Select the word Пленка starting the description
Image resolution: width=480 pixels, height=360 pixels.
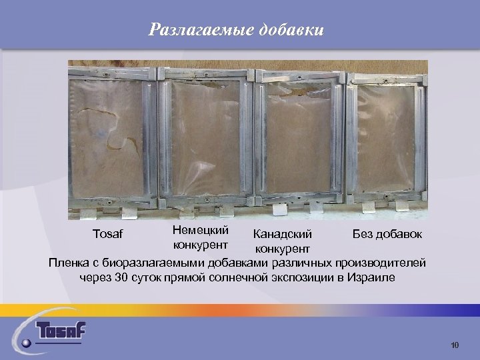(71, 263)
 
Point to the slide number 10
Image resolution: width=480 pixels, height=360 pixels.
(455, 345)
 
